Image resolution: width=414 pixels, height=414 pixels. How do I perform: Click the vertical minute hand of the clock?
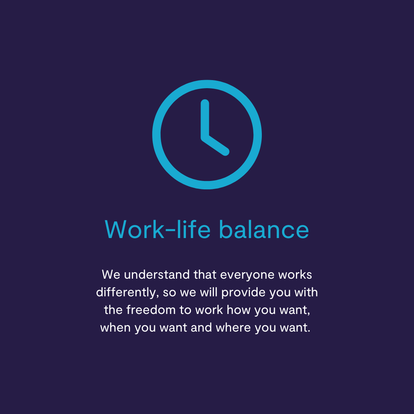(205, 119)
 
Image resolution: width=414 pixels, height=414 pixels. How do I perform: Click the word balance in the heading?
(264, 230)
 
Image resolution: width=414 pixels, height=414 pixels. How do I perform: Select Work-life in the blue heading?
(158, 230)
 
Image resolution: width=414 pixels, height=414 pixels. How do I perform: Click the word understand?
(157, 275)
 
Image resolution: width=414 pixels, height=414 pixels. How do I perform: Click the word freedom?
(151, 310)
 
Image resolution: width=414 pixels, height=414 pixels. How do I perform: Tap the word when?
(115, 328)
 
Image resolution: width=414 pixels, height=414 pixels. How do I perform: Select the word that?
(205, 275)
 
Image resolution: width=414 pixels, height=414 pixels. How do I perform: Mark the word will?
(209, 292)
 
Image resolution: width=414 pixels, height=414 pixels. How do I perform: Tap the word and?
(201, 328)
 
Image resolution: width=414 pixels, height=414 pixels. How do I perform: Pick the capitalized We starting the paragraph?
(111, 275)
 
